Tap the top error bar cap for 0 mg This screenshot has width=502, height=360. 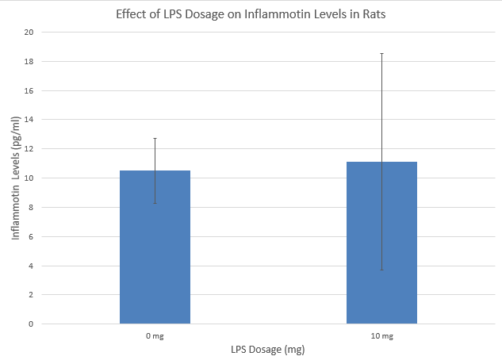coord(155,138)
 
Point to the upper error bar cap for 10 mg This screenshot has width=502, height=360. coord(381,53)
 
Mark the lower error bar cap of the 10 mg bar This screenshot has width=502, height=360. coord(381,270)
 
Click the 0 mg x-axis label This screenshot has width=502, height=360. coord(155,336)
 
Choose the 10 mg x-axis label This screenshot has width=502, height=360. coord(381,336)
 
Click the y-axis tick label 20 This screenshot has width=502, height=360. coord(29,33)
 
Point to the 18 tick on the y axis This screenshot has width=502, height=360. coord(29,62)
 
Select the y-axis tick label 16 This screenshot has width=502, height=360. coord(29,90)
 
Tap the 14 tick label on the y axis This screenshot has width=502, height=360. coord(29,120)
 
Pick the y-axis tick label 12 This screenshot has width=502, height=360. coord(29,149)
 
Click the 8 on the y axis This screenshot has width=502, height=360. coord(32,208)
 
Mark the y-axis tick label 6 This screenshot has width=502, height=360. coord(32,236)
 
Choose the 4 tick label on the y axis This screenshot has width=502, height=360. coord(32,266)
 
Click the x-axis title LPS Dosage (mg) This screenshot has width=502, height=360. coord(268,350)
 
